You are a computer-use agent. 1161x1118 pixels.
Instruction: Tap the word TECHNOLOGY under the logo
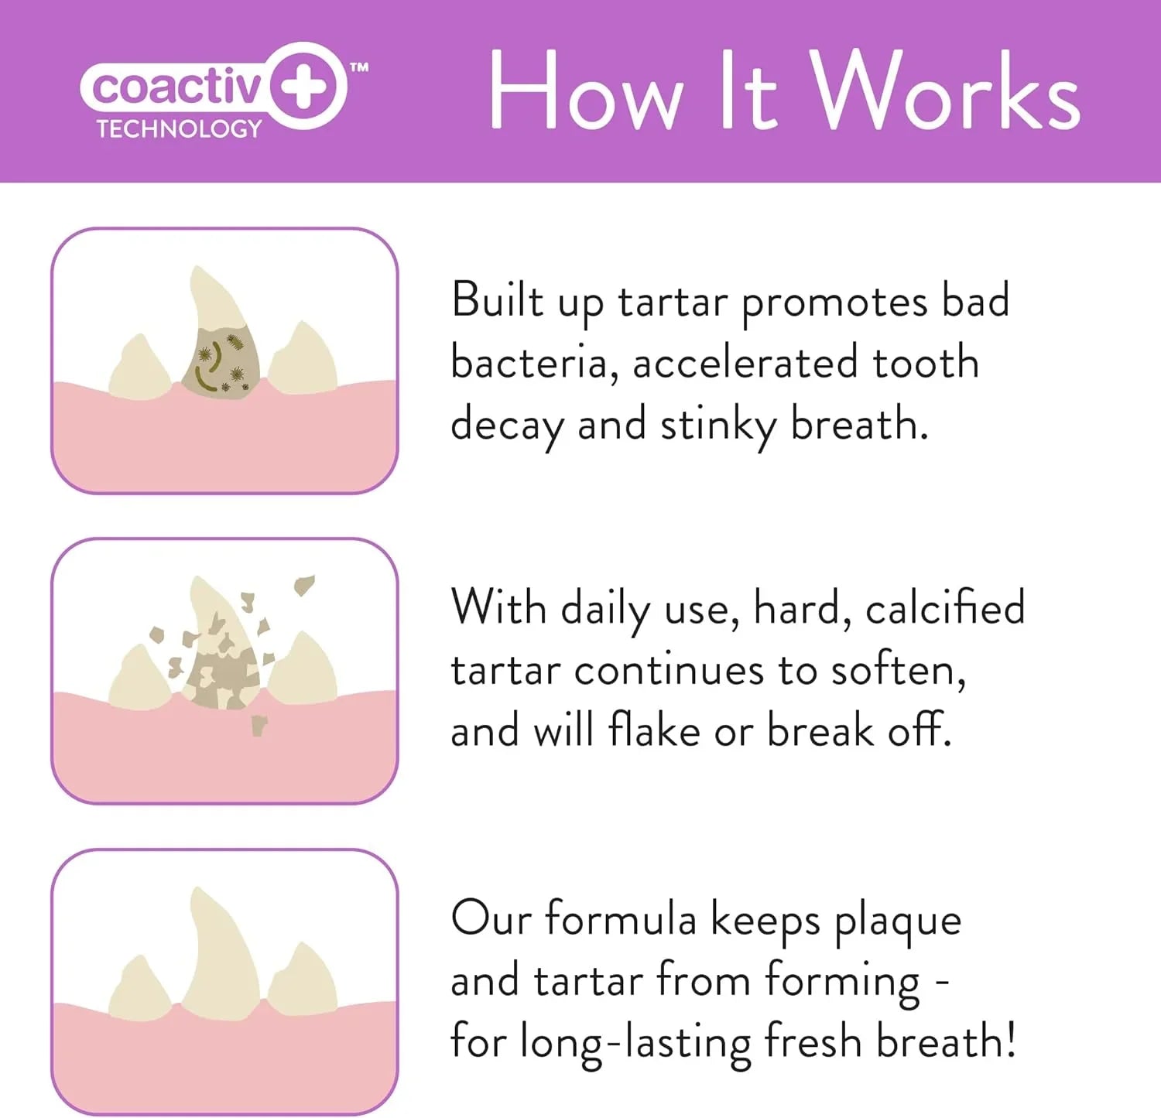(179, 129)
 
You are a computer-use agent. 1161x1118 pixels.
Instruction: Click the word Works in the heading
(945, 91)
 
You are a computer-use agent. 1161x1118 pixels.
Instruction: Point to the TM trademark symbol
(359, 68)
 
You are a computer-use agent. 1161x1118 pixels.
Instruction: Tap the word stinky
(717, 426)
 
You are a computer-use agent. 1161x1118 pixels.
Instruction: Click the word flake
(653, 730)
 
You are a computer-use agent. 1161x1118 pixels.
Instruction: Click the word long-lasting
(635, 1042)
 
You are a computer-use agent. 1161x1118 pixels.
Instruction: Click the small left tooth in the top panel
(139, 370)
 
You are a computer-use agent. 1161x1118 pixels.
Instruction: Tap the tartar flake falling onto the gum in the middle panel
(259, 726)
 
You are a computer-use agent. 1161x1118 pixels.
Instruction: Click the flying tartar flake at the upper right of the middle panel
(304, 584)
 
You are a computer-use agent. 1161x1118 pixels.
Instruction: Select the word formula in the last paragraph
(620, 920)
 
